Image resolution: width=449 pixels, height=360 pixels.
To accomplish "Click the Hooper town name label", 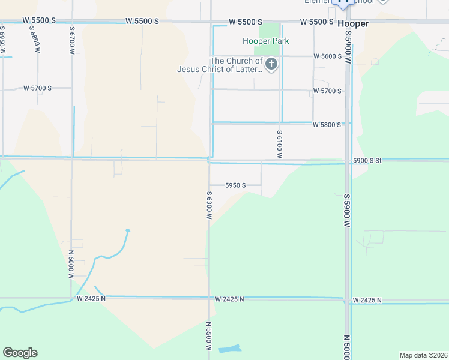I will [352, 24].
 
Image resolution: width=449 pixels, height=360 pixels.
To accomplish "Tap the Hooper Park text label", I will [266, 41].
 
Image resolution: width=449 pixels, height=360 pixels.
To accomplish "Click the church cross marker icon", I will [271, 64].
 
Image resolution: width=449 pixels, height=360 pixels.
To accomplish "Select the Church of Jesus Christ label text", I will [220, 65].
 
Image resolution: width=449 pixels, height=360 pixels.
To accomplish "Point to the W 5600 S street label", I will [327, 56].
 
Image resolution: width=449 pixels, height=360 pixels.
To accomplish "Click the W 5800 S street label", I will [327, 125].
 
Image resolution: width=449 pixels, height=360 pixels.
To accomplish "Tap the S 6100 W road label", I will [279, 144].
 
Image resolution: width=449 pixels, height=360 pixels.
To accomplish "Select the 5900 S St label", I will [367, 161].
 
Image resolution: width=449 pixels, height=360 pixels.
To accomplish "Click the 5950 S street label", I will [235, 185].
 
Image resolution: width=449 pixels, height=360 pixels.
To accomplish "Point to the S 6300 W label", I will [209, 205].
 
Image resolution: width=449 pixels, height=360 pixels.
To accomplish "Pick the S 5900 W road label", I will [347, 209].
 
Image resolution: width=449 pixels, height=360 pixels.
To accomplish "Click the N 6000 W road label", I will [71, 264].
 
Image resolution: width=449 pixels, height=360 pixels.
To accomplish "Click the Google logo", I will [20, 353].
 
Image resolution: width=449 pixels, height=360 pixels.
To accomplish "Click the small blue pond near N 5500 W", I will [229, 349].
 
